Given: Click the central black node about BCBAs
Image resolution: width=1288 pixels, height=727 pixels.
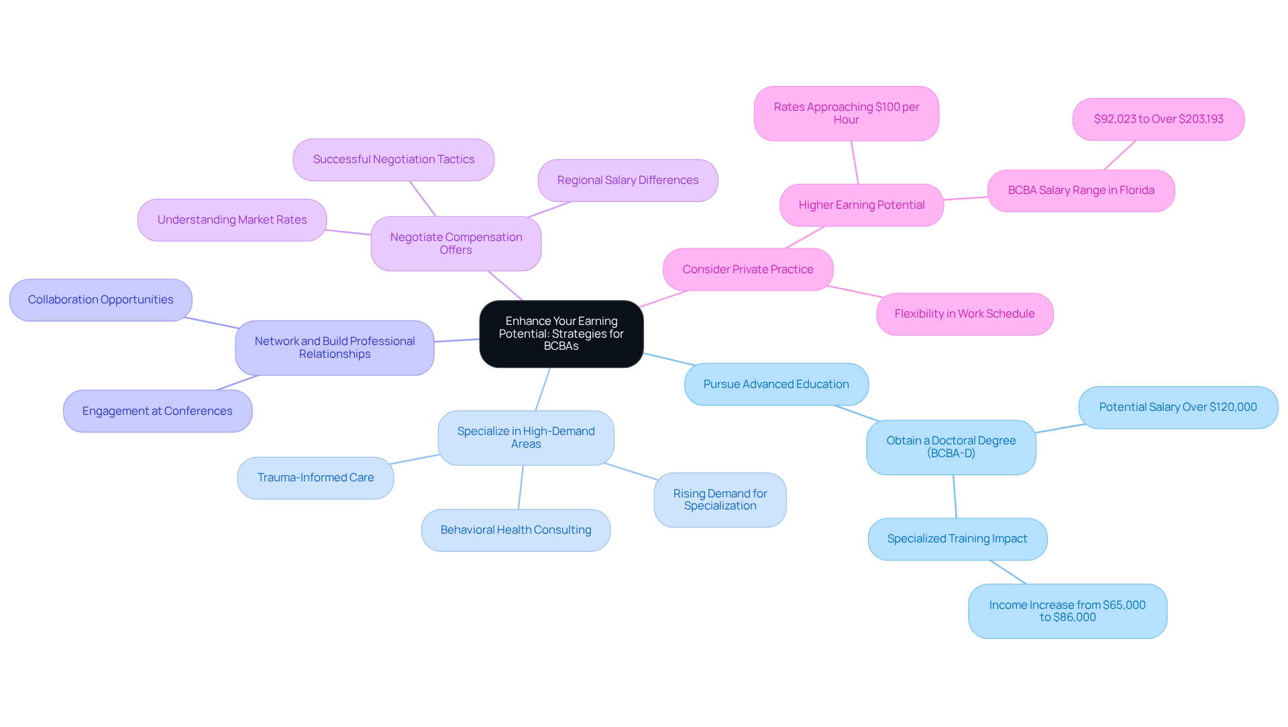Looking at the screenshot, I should click(x=561, y=334).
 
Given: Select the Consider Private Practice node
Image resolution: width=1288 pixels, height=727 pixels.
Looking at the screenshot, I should click(x=747, y=269).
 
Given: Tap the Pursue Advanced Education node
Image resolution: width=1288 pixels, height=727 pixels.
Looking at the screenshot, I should click(x=775, y=384).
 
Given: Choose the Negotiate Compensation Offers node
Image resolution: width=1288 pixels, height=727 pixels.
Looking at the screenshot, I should click(x=455, y=243).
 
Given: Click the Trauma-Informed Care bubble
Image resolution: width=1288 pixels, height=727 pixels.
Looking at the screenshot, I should click(x=315, y=477).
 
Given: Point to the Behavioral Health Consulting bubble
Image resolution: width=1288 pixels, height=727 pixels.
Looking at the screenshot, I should click(x=515, y=530).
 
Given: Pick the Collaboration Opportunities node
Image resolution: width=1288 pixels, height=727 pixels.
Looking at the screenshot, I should click(x=101, y=299).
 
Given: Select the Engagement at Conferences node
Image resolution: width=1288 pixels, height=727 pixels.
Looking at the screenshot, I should click(x=157, y=411).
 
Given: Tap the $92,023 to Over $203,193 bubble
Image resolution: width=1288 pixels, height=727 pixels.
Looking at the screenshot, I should click(x=1158, y=119).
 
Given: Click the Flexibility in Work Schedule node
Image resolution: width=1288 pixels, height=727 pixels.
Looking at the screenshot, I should click(x=964, y=313).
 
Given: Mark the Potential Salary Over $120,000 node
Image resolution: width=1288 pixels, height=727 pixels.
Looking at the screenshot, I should click(x=1177, y=407).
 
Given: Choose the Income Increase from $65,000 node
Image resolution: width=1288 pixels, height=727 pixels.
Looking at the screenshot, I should click(x=1067, y=611).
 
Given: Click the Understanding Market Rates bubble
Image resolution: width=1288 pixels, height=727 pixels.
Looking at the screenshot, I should click(x=232, y=220).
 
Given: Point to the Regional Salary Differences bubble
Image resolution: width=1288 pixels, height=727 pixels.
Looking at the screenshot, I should click(x=627, y=180).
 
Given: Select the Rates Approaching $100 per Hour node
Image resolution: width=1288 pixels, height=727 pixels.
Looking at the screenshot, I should click(x=846, y=113).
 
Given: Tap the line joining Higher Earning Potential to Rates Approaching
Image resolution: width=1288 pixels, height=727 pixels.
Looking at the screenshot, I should click(x=855, y=162).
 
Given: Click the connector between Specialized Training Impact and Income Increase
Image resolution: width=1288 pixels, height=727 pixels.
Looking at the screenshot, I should click(x=1008, y=572).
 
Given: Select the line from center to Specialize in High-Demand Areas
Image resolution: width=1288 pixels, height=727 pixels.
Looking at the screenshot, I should click(x=543, y=389).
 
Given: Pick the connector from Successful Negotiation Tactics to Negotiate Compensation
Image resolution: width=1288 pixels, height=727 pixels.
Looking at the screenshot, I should click(x=423, y=199).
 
